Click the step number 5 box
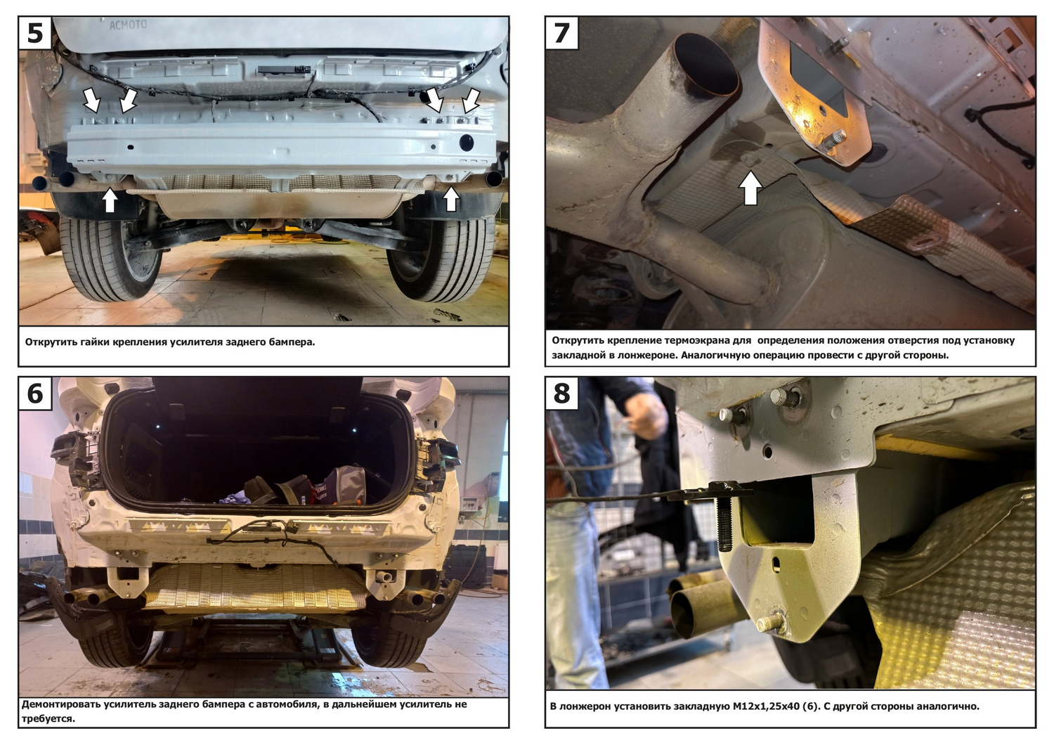(x=35, y=33)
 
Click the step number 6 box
(x=35, y=394)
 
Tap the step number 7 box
(x=562, y=33)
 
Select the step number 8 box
(x=562, y=394)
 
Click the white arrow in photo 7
(x=750, y=188)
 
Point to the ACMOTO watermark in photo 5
(x=128, y=25)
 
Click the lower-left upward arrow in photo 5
(x=110, y=200)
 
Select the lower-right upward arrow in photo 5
(x=451, y=199)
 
